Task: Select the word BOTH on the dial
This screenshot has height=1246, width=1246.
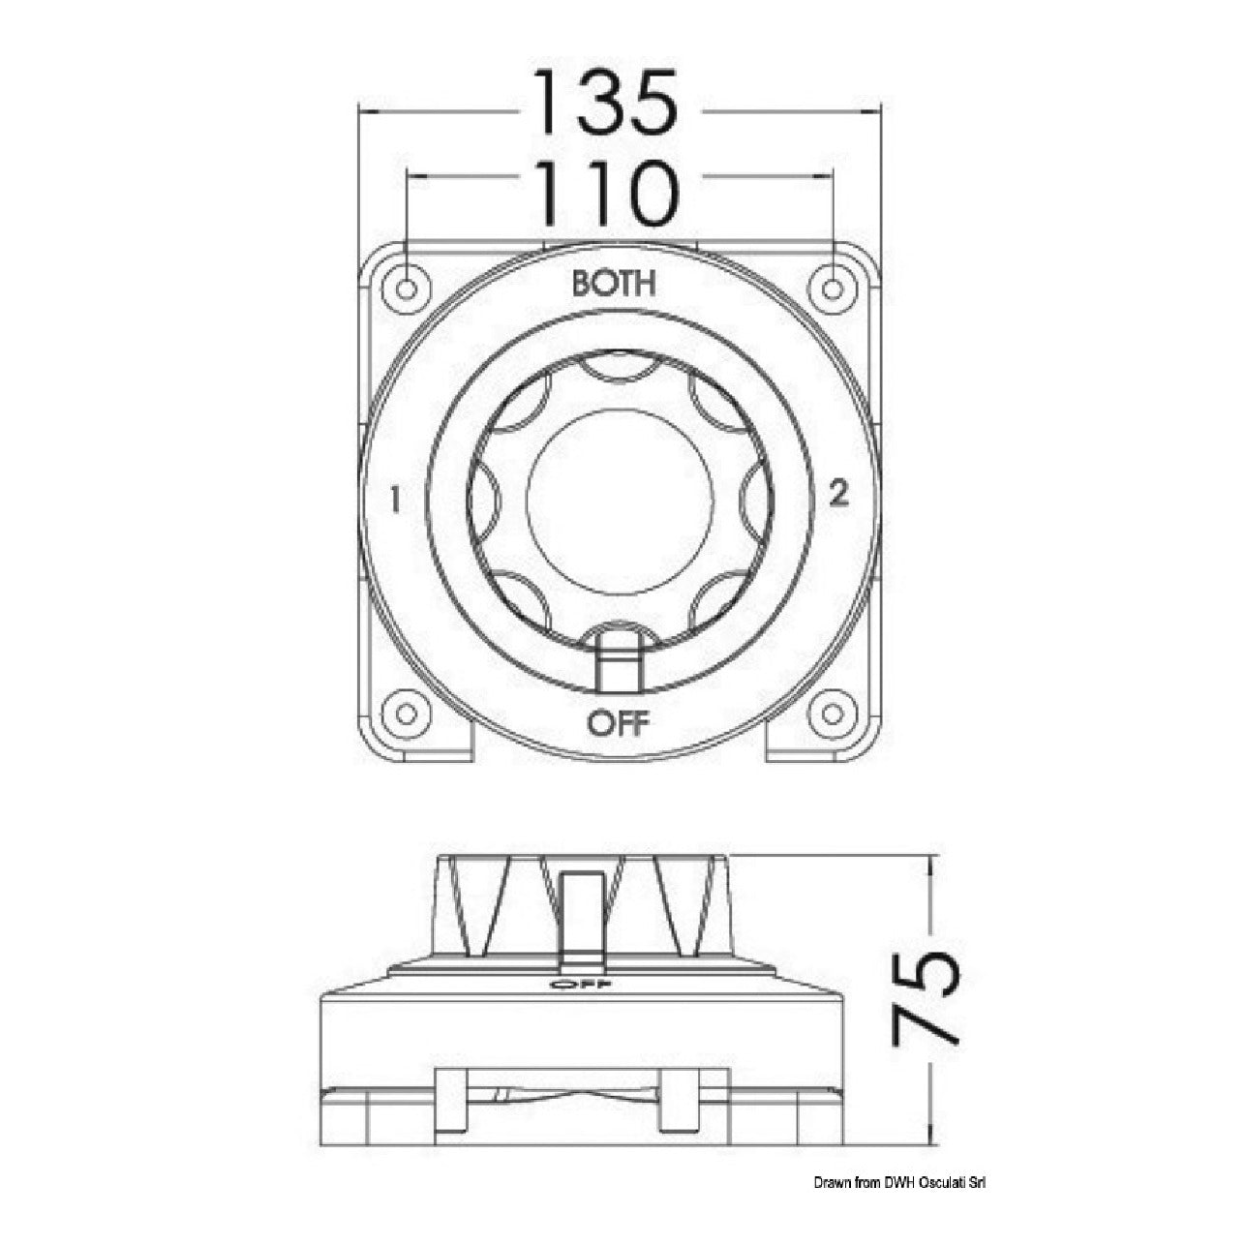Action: coord(614,284)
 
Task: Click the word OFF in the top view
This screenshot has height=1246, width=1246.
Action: coord(617,724)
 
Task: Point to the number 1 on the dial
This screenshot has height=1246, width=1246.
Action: coord(395,500)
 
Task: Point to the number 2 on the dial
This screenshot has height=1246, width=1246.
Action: coord(838,496)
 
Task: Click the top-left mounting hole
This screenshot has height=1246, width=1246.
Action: coord(406,289)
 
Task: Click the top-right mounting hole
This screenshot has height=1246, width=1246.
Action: coord(833,289)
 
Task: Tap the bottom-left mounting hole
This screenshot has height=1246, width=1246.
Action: coord(406,714)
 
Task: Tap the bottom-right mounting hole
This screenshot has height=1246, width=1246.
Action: coord(833,714)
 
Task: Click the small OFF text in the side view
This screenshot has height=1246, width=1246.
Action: coord(580,1002)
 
